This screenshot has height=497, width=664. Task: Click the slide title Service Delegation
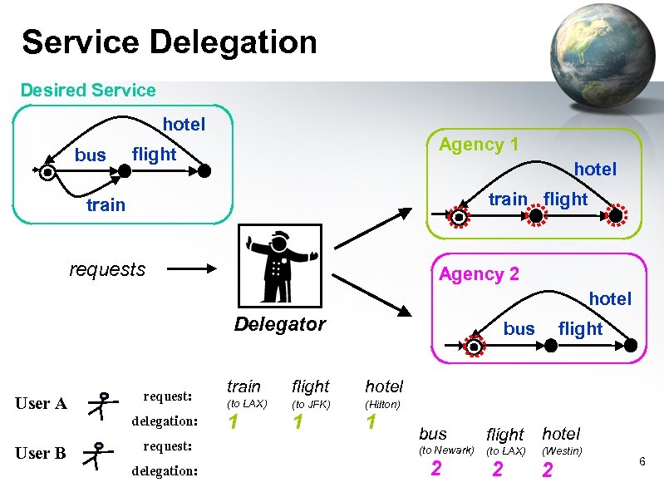170,42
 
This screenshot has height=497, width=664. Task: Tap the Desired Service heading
88,90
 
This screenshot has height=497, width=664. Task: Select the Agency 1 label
479,145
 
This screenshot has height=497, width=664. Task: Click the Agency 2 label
479,273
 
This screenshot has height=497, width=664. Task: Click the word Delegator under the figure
279,324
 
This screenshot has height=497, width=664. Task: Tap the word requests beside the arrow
107,269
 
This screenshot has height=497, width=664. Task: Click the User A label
41,404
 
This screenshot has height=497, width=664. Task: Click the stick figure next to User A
101,405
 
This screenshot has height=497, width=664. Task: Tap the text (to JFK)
311,405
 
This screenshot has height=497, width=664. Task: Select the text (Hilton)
382,405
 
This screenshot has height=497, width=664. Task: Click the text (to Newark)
446,450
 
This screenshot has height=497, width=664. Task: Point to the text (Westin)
562,450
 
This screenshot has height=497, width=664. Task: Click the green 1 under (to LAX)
234,422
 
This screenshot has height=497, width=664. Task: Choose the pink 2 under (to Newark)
435,470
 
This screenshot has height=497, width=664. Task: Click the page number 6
642,460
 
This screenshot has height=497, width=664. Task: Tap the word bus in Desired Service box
91,155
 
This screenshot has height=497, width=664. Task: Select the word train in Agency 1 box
507,199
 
